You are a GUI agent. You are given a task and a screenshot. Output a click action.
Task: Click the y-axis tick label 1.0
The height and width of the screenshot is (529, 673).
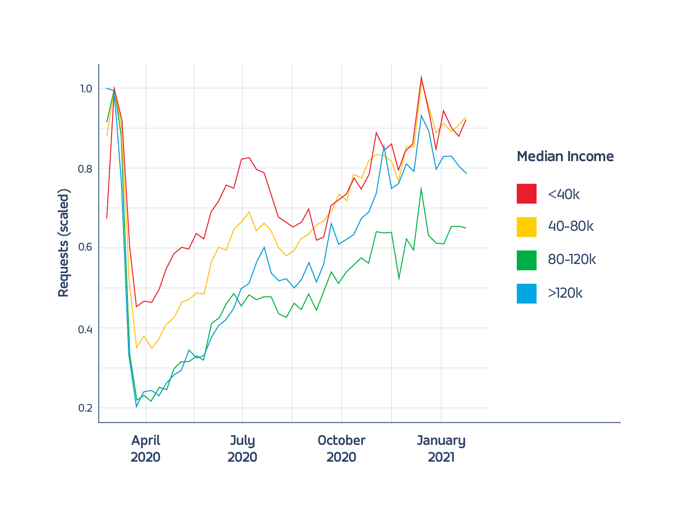coord(86,88)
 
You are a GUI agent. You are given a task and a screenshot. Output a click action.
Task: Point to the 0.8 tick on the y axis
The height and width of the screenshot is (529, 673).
coord(85,169)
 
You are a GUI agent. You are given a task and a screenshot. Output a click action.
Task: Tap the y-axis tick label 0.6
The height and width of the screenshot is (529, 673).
coord(85,247)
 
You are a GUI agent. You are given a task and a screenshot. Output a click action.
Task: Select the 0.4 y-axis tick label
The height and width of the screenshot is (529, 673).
coord(85,329)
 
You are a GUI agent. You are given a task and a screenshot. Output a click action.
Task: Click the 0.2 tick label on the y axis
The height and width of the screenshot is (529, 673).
coord(85,408)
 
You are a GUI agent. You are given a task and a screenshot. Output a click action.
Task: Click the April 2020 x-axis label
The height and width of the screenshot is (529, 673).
coord(146,449)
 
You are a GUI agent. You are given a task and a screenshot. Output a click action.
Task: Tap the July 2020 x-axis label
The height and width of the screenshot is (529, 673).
coord(242,449)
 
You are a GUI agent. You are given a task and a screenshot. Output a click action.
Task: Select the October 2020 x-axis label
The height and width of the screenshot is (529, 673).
coord(341,449)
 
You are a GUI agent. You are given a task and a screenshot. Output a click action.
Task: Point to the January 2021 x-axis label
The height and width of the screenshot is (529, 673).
coord(441,449)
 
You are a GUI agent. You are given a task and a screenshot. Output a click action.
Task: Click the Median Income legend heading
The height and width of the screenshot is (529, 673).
coord(565,156)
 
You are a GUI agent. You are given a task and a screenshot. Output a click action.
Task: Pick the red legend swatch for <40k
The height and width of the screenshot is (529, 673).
coord(526,194)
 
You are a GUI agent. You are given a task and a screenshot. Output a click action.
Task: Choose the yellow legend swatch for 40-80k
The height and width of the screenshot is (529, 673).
coord(526,227)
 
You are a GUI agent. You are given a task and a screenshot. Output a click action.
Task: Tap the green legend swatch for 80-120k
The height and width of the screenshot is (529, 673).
coord(526,260)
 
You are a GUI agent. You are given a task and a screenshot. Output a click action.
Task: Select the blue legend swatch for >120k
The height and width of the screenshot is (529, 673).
coord(526,293)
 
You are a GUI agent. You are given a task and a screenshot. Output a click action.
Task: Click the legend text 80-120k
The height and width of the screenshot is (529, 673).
coord(572,260)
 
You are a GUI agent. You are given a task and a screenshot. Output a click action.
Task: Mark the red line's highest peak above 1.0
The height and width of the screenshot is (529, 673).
coord(421,77)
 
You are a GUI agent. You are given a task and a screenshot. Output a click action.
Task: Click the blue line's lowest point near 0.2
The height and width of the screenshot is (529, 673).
coord(136,407)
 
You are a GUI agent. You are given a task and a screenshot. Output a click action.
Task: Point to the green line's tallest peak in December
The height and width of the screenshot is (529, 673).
coord(421,188)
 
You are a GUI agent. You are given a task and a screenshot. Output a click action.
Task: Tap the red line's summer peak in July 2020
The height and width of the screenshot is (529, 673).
coord(249,158)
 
